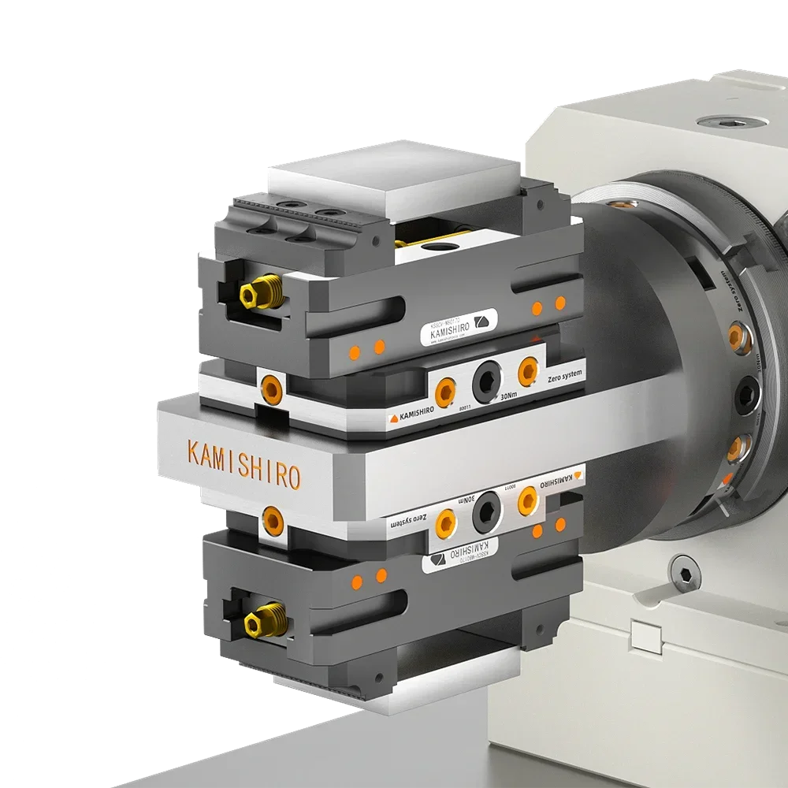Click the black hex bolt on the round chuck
pyautogui.click(x=745, y=394)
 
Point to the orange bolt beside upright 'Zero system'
pyautogui.click(x=527, y=370)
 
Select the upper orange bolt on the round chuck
pyautogui.click(x=736, y=336)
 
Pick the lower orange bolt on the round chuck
pyautogui.click(x=736, y=448)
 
